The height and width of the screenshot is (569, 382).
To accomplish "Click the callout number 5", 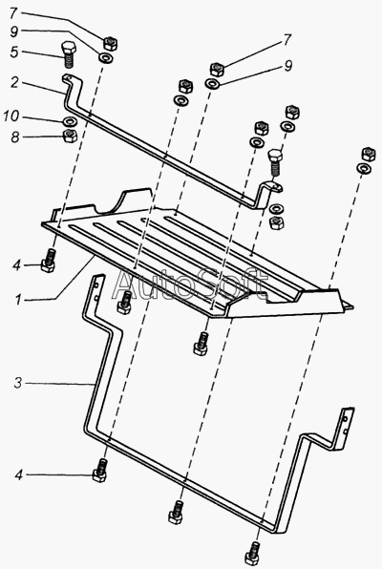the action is (13, 52).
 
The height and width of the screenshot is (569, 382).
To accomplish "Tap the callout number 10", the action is (11, 116).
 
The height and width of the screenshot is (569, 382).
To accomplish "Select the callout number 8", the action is (14, 137).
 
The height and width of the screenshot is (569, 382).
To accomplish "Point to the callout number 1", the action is (17, 300).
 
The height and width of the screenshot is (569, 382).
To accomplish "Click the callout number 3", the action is (18, 383).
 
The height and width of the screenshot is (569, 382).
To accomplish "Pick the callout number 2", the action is (14, 83).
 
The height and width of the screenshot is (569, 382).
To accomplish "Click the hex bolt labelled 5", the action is (68, 54).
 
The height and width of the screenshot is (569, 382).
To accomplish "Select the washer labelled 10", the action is (70, 120).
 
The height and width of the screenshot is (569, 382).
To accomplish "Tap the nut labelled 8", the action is (70, 137).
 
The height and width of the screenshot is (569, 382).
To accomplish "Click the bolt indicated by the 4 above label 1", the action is (49, 262).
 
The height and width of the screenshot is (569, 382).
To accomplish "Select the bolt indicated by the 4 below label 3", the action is (100, 471).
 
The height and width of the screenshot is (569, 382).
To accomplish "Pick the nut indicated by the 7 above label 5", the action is (111, 44).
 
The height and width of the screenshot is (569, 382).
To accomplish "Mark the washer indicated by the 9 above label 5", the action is (107, 57).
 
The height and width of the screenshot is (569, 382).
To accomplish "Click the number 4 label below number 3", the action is (19, 475).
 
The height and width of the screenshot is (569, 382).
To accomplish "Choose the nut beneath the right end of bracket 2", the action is (277, 222).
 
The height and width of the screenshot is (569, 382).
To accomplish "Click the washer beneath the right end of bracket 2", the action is (278, 209).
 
